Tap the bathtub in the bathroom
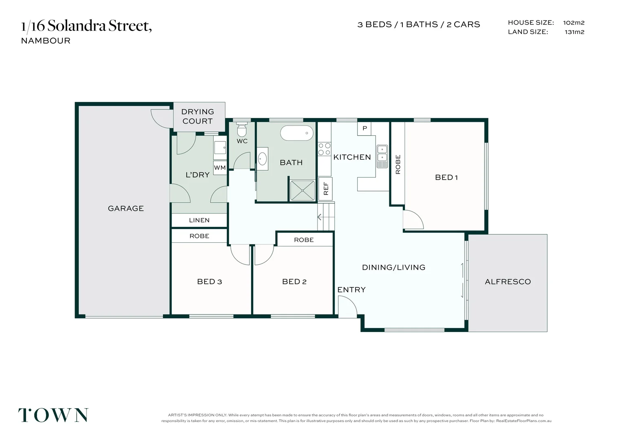pos(297,133)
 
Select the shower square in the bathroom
pos(302,190)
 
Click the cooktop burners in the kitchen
pos(324,149)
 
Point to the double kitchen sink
pos(382,156)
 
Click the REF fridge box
pos(325,189)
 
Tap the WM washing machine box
pos(220,167)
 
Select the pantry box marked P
pos(365,129)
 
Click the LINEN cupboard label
pos(199,220)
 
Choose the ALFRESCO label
pos(508,282)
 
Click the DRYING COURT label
pos(197,117)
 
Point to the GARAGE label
pos(126,209)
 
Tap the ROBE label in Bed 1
pos(398,165)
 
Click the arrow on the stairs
pos(319,217)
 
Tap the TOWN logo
pos(53,415)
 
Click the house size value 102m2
pos(574,23)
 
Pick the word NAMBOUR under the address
pos(46,41)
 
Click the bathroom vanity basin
pos(262,159)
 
